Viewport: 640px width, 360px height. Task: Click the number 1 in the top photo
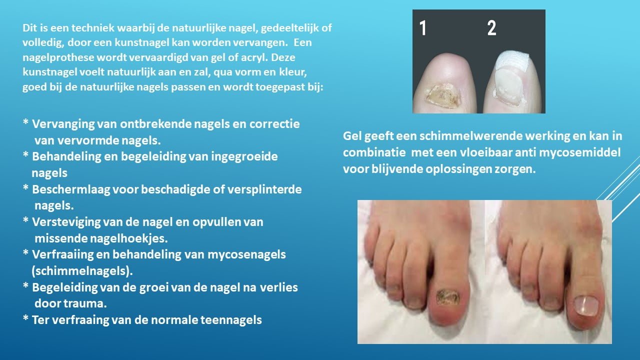tap(423, 28)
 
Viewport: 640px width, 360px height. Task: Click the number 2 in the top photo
tap(491, 28)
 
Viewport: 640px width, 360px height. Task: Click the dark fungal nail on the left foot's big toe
tap(447, 297)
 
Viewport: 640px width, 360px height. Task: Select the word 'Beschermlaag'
tap(71, 189)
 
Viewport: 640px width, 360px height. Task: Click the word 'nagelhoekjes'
tap(128, 238)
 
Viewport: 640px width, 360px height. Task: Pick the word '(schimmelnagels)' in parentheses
tap(82, 271)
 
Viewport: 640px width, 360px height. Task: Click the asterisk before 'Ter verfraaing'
tap(25, 317)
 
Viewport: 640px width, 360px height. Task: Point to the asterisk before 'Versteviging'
tap(25, 219)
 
